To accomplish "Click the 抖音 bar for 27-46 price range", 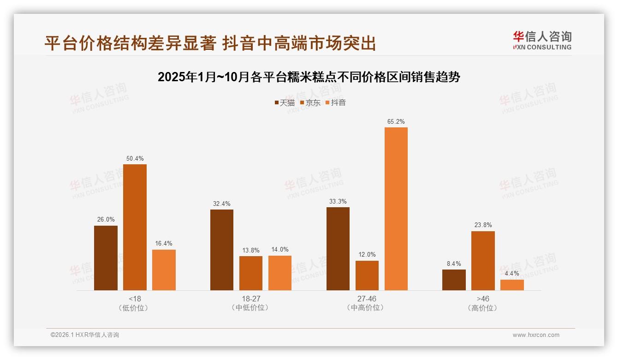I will pyautogui.click(x=396, y=209).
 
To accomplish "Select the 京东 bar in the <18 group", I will pyautogui.click(x=135, y=227).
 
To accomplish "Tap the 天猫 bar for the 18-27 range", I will pyautogui.click(x=222, y=250).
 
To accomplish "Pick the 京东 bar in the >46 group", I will pyautogui.click(x=483, y=261).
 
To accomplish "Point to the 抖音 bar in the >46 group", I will pyautogui.click(x=512, y=285).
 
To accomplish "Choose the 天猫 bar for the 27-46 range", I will pyautogui.click(x=338, y=249).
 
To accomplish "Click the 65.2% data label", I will pyautogui.click(x=396, y=122).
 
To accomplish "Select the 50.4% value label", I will pyautogui.click(x=135, y=159).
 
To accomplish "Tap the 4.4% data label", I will pyautogui.click(x=512, y=274).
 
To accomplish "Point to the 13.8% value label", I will pyautogui.click(x=251, y=251).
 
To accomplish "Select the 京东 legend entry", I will pyautogui.click(x=310, y=103).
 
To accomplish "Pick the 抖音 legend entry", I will pyautogui.click(x=335, y=103).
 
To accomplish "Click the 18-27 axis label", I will pyautogui.click(x=251, y=299).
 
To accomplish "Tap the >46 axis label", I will pyautogui.click(x=483, y=299).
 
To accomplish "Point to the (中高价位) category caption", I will pyautogui.click(x=367, y=308).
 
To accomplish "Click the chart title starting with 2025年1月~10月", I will pyautogui.click(x=309, y=77).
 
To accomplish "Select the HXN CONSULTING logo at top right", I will pyautogui.click(x=542, y=40).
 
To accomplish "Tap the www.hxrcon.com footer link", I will pyautogui.click(x=536, y=335).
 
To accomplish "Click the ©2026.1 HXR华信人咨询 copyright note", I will pyautogui.click(x=85, y=335).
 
